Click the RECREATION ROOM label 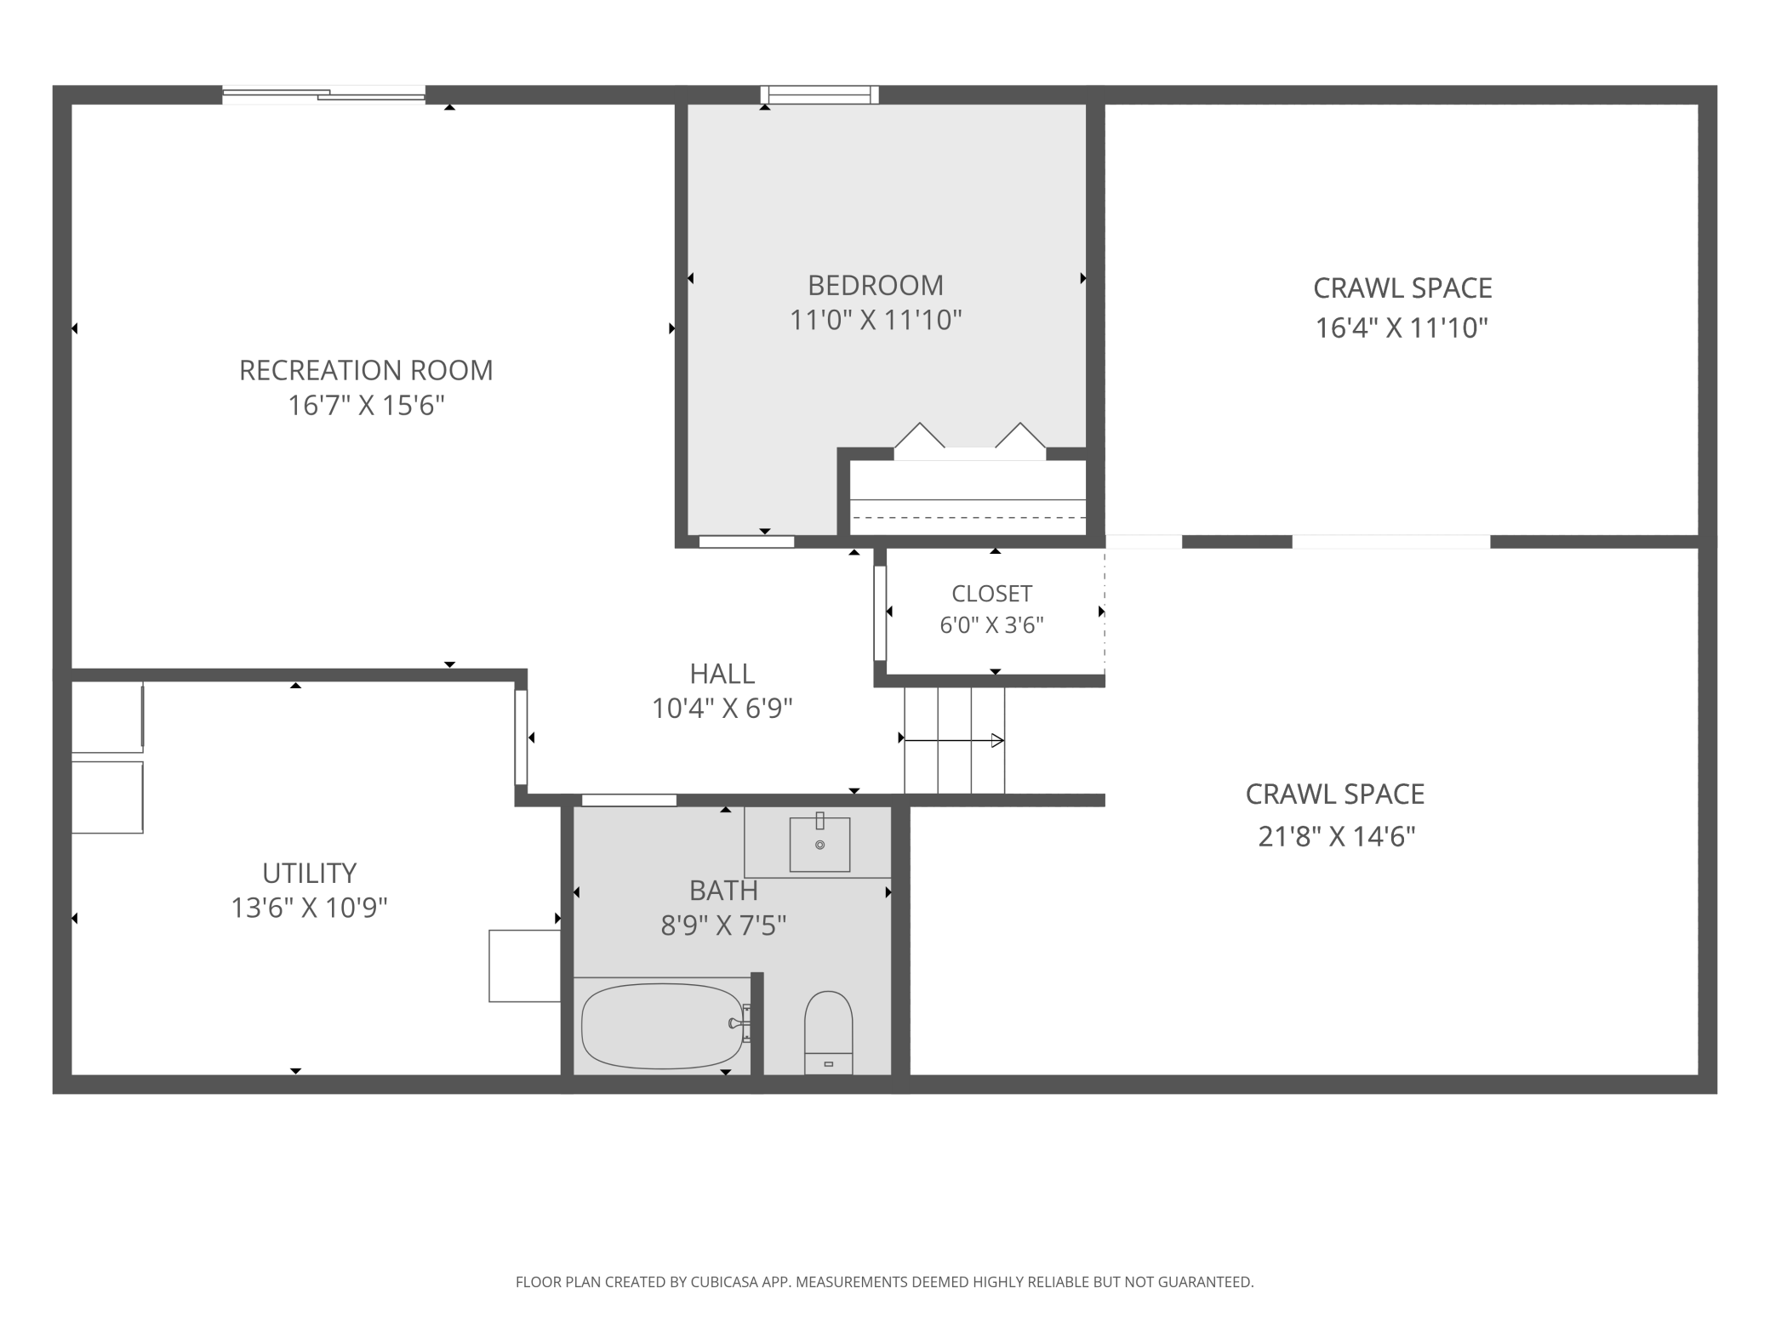tap(366, 370)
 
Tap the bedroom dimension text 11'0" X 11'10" tap(876, 321)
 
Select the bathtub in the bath tap(663, 1027)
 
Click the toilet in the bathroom tap(828, 1032)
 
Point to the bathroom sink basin tap(819, 845)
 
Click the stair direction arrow tap(953, 740)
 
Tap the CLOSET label tap(991, 593)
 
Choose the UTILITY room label tap(309, 873)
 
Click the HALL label tap(722, 674)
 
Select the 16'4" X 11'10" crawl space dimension tap(1402, 327)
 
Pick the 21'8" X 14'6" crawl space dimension tap(1336, 837)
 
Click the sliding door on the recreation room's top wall tap(323, 94)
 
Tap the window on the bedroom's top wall tap(819, 94)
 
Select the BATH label tap(723, 891)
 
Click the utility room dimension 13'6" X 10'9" tap(309, 908)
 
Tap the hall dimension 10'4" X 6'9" tap(722, 709)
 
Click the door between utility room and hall tap(521, 737)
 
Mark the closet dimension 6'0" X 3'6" tap(991, 625)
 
